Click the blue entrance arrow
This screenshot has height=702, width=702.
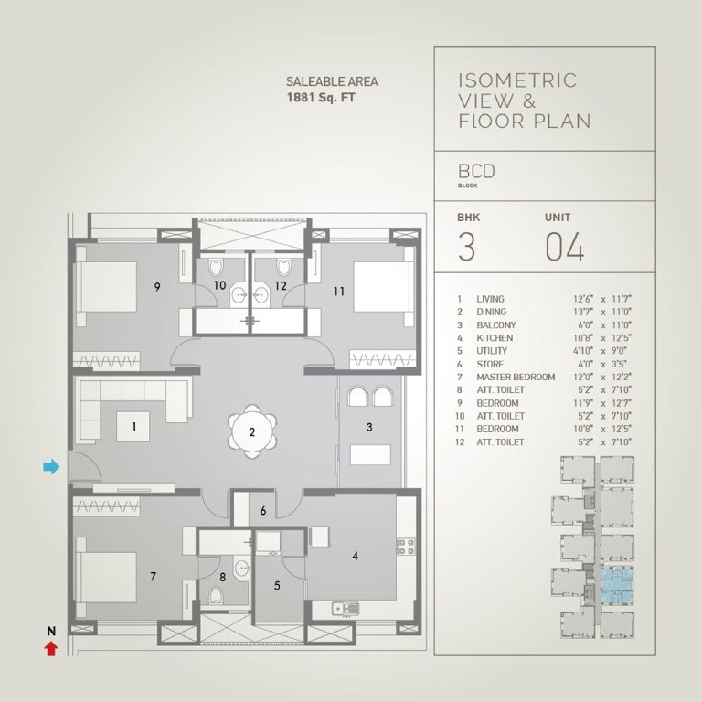(x=51, y=467)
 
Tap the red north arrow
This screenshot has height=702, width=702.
(x=51, y=648)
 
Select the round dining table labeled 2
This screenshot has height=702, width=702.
(x=251, y=432)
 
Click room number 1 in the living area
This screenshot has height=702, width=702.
(x=133, y=425)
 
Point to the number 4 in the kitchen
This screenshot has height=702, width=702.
(x=356, y=553)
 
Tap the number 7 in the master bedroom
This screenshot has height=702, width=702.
(x=153, y=576)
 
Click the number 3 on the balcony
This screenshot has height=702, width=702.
(x=368, y=426)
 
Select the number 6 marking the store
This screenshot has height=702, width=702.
(x=263, y=511)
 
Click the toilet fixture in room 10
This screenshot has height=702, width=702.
(x=217, y=267)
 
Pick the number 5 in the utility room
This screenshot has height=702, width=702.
(x=279, y=584)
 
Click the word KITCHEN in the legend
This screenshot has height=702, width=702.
(x=495, y=338)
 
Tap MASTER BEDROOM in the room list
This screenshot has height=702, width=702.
(x=516, y=377)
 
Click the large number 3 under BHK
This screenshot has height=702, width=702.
(x=466, y=248)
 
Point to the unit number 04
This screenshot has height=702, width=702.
(x=564, y=248)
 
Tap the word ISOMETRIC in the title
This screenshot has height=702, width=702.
(x=516, y=80)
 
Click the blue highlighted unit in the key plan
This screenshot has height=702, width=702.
(x=616, y=584)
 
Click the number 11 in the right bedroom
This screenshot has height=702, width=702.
(x=338, y=292)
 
